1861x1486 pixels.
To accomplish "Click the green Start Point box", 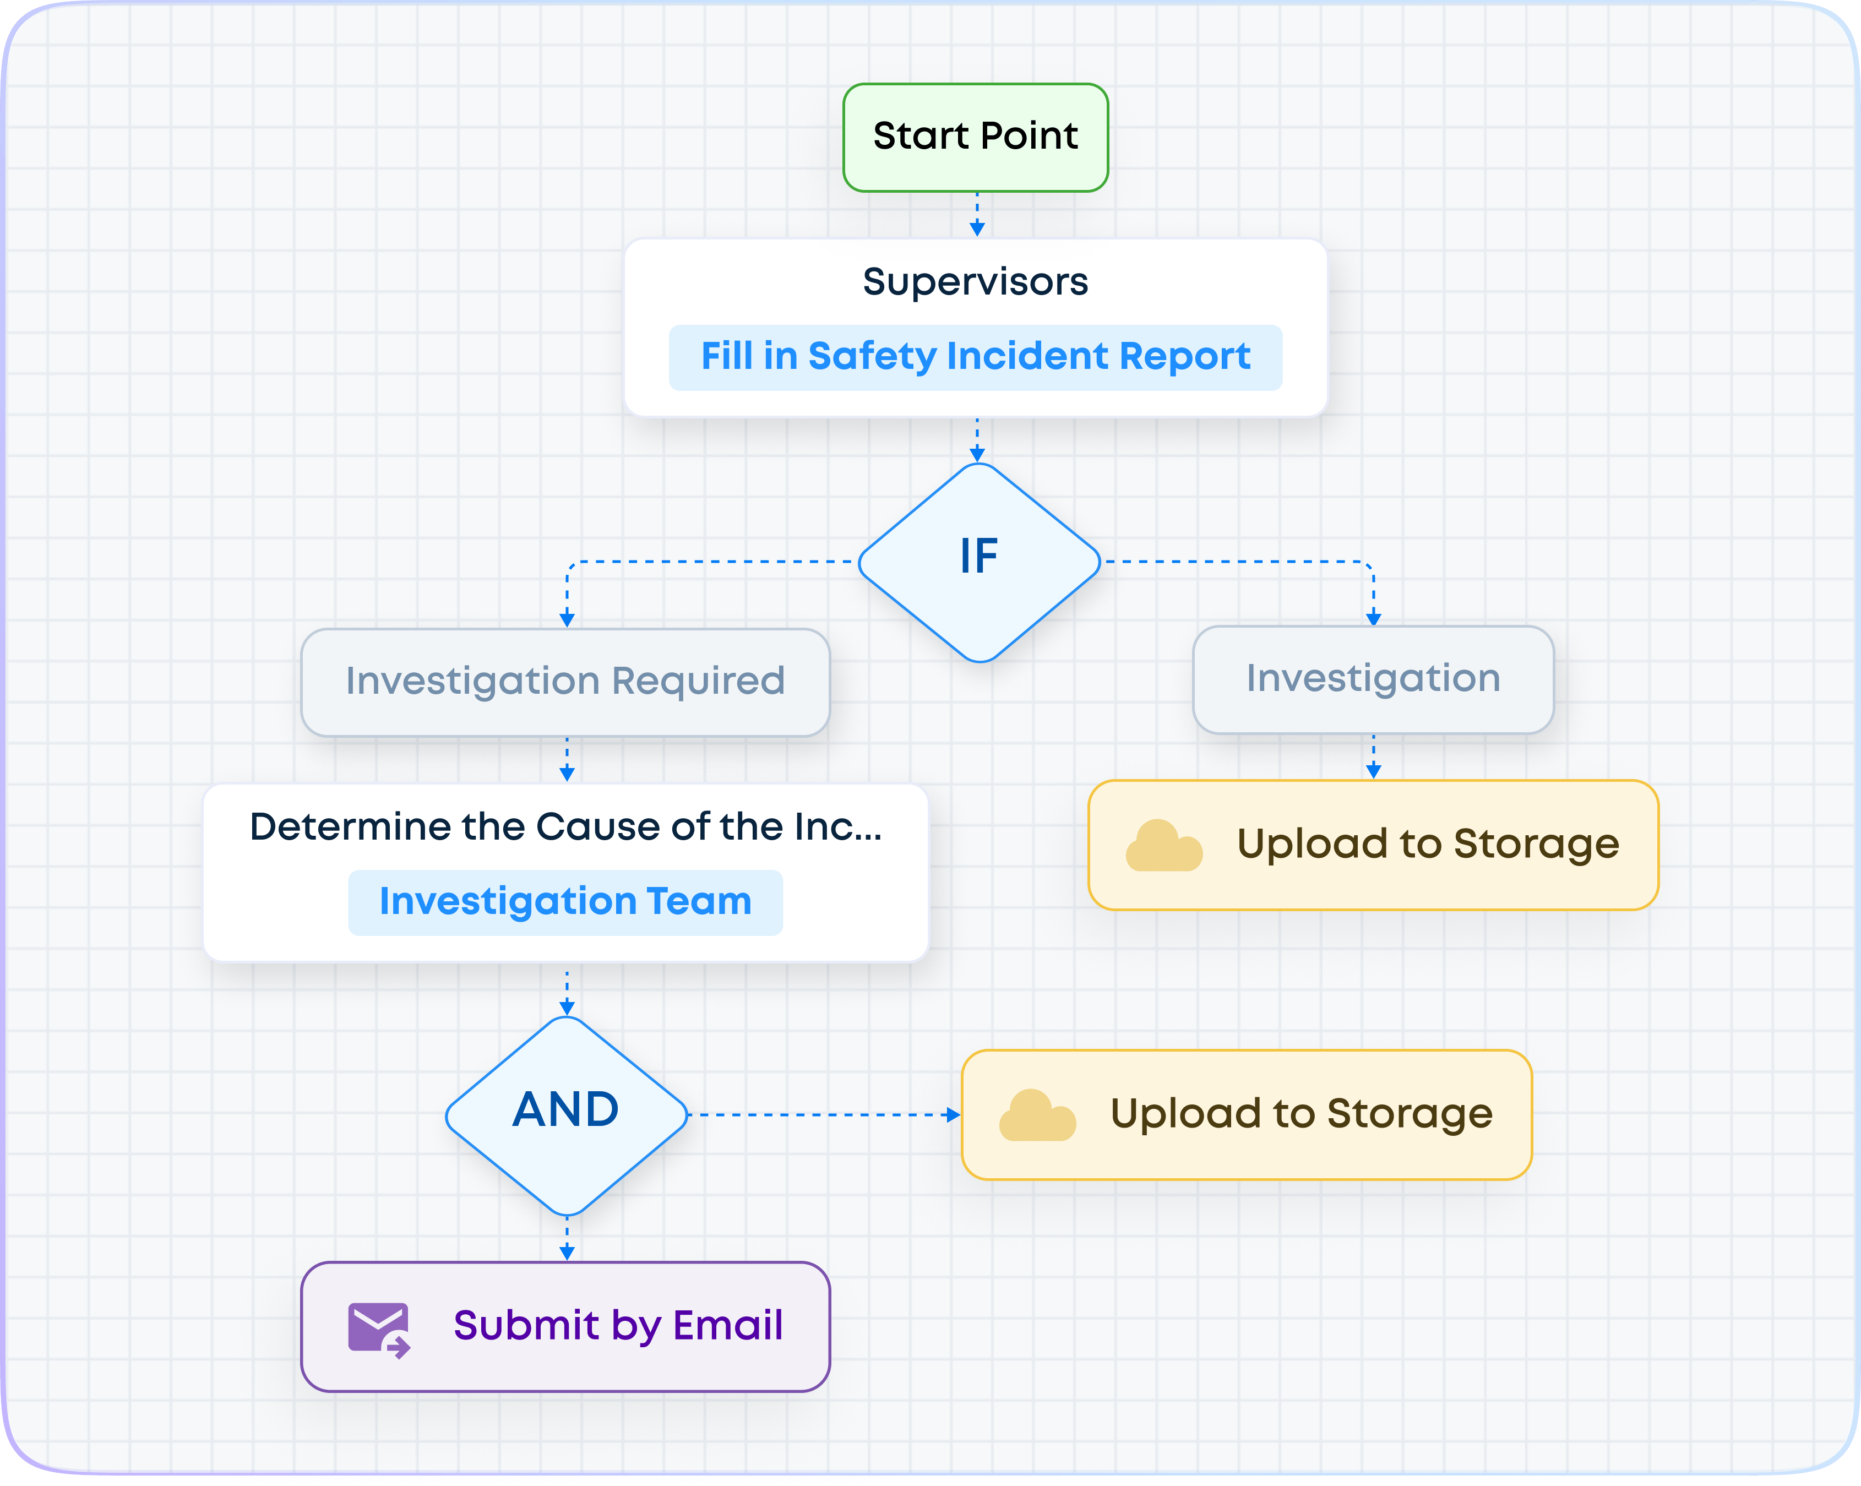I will pyautogui.click(x=976, y=137).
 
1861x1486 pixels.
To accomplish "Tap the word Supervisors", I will pyautogui.click(x=976, y=281).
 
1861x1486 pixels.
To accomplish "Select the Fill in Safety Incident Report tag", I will pyautogui.click(x=976, y=356).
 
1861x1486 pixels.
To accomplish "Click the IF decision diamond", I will pyautogui.click(x=979, y=562).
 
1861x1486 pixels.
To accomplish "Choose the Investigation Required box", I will pyautogui.click(x=565, y=682).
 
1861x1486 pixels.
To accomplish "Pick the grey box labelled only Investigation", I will pyautogui.click(x=1373, y=679).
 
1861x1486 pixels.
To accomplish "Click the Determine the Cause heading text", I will pyautogui.click(x=565, y=827).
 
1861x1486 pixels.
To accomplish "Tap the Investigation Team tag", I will pyautogui.click(x=565, y=902).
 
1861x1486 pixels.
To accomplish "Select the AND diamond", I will pyautogui.click(x=566, y=1114).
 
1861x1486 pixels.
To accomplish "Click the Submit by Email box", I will pyautogui.click(x=565, y=1326).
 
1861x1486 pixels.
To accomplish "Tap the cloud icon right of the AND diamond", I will pyautogui.click(x=1037, y=1116).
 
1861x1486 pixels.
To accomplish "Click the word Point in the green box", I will pyautogui.click(x=1029, y=137).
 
